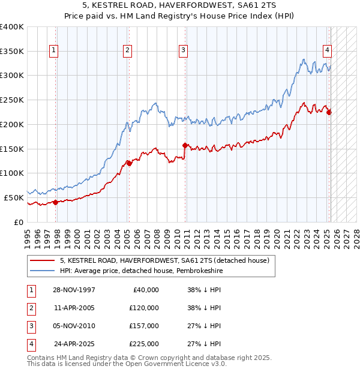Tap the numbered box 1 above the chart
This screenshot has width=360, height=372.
[54, 51]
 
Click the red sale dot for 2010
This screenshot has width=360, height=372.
[184, 145]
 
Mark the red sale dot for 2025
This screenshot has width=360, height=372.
[329, 112]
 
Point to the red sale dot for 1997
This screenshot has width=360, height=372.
[56, 202]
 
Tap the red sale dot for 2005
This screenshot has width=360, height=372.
[129, 163]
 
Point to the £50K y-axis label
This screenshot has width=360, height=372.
[14, 197]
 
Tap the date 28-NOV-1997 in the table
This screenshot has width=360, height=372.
[74, 290]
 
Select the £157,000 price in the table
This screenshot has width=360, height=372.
[144, 326]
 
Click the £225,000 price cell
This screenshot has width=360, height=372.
[144, 344]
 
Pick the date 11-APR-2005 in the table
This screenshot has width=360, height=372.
[74, 308]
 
